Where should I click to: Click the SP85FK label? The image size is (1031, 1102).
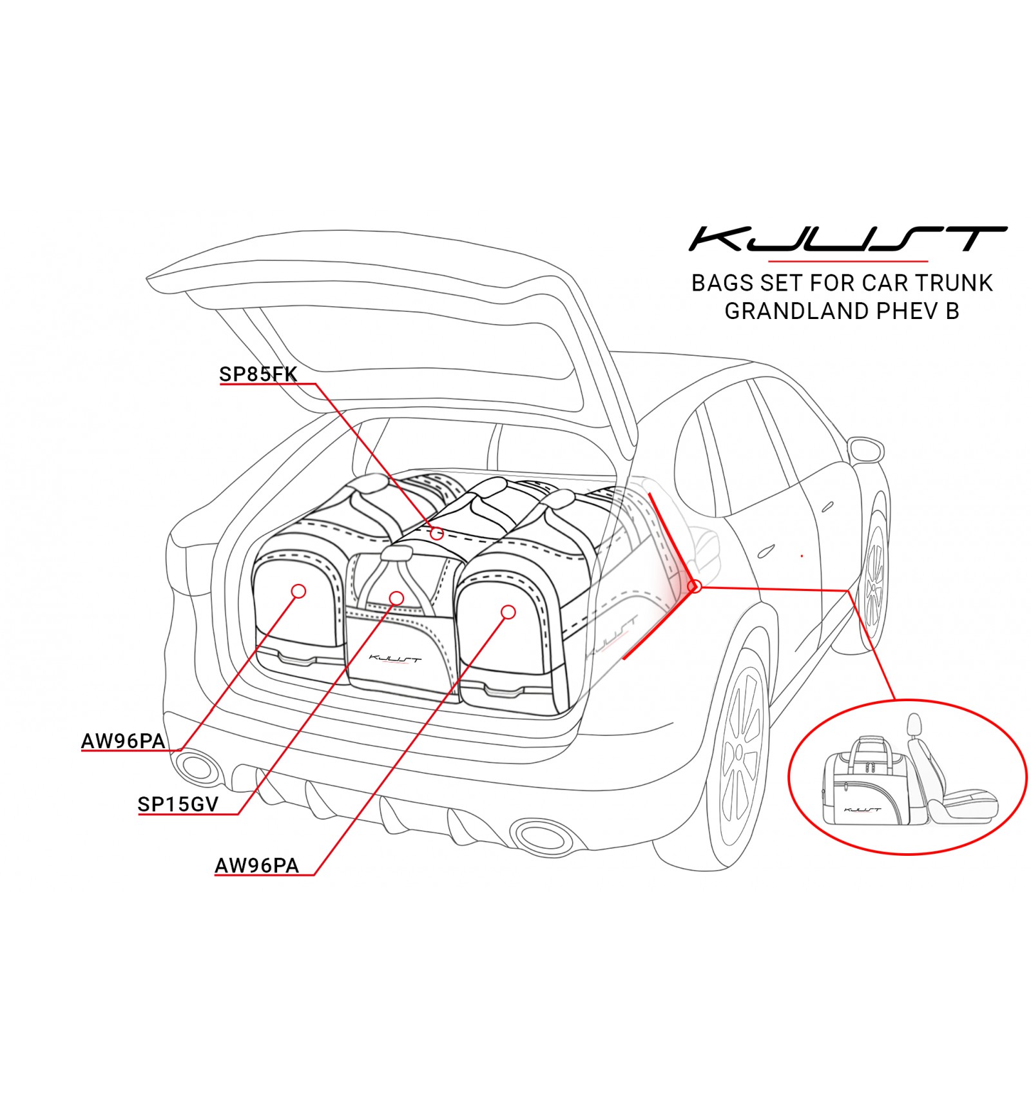258,374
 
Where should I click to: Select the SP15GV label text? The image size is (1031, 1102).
178,804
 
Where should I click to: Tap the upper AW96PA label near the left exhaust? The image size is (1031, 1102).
123,741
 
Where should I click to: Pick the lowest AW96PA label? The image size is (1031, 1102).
256,865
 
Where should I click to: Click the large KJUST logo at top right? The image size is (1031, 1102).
847,239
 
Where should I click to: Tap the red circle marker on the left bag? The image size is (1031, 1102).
298,590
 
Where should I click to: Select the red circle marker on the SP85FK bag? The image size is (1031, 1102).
437,533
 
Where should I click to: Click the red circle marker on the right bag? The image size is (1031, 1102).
508,612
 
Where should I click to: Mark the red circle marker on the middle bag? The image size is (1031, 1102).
397,598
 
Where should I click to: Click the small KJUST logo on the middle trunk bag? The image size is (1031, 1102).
395,659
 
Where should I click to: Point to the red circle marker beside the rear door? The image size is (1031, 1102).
695,586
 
